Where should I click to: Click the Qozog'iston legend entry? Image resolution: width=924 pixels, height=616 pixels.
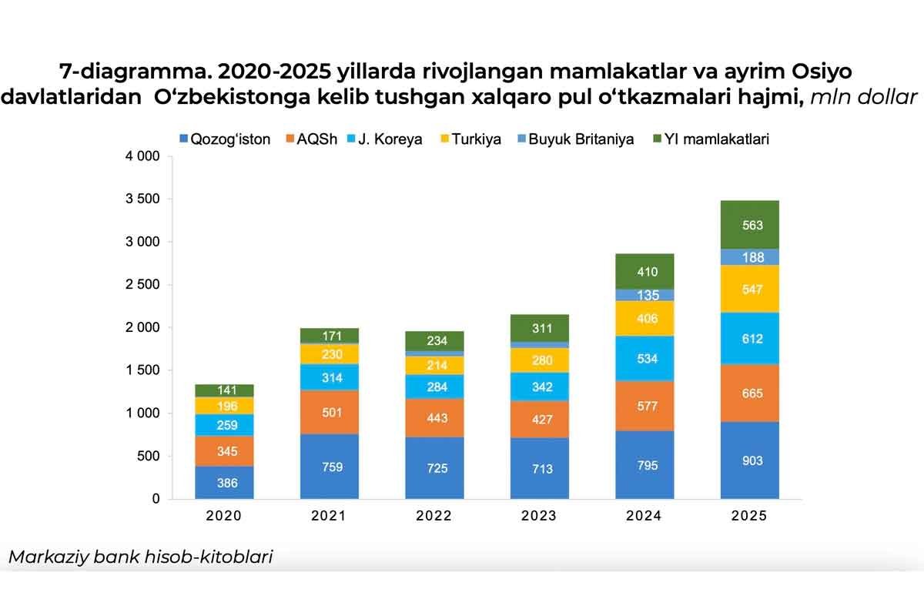(224, 139)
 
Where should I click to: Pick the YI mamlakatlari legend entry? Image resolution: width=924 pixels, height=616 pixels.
(713, 139)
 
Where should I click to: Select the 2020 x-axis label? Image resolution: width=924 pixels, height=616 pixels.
(224, 516)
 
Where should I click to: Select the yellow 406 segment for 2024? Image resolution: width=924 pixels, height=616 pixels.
(644, 318)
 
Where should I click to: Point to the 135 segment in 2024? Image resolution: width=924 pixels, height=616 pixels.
(644, 295)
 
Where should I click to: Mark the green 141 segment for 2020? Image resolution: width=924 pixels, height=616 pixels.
(224, 390)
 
